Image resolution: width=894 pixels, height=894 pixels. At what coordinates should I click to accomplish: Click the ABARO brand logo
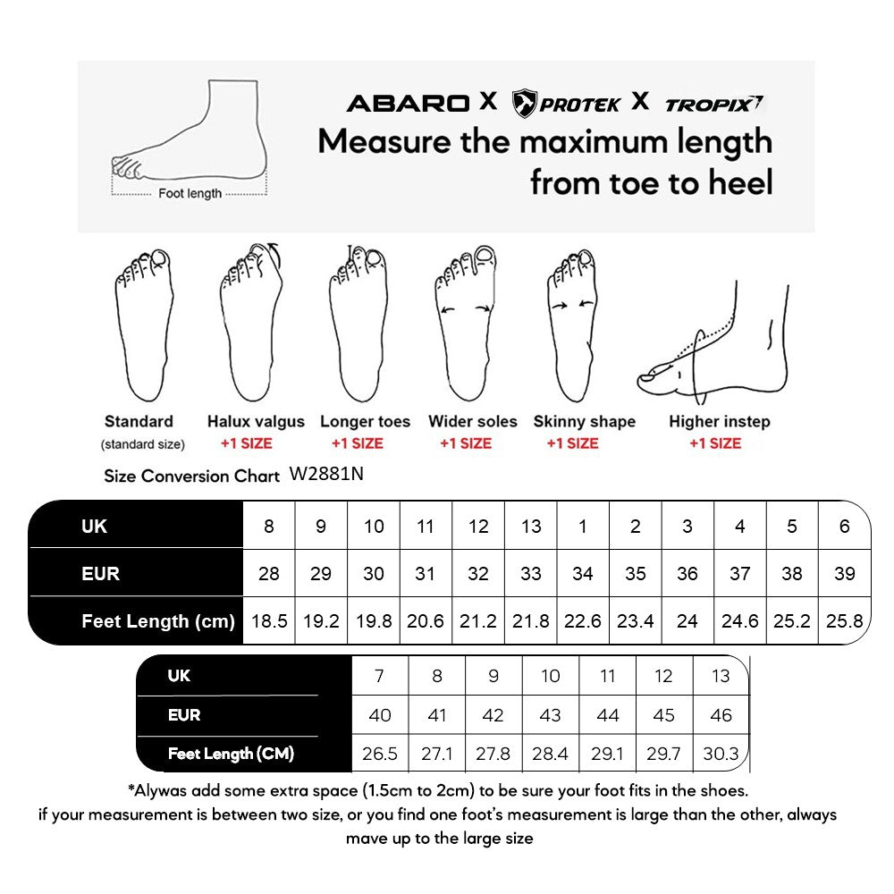(408, 103)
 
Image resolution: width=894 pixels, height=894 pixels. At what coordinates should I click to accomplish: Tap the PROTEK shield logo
(525, 104)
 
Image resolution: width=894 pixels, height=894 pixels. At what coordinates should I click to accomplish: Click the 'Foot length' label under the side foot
(190, 194)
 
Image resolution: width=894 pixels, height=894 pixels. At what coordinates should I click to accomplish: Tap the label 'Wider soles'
(472, 422)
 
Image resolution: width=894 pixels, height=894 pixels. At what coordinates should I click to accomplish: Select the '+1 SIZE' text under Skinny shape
(572, 443)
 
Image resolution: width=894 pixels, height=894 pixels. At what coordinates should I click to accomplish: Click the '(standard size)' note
(143, 444)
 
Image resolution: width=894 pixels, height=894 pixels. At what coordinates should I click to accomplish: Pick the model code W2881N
(326, 475)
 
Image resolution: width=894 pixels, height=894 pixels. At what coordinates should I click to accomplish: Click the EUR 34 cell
(583, 573)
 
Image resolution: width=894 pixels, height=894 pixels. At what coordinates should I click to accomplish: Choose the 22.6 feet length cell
(583, 621)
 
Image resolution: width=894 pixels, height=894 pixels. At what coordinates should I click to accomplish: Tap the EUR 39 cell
(844, 573)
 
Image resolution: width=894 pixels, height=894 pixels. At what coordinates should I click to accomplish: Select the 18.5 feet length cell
(269, 621)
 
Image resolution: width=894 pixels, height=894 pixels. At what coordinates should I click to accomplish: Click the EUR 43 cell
(550, 715)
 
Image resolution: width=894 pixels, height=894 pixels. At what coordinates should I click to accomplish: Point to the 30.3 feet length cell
(721, 755)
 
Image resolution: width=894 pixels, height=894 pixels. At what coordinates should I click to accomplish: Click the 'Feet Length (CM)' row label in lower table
(231, 755)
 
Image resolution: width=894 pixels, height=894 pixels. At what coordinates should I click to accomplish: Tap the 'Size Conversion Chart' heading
(191, 476)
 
